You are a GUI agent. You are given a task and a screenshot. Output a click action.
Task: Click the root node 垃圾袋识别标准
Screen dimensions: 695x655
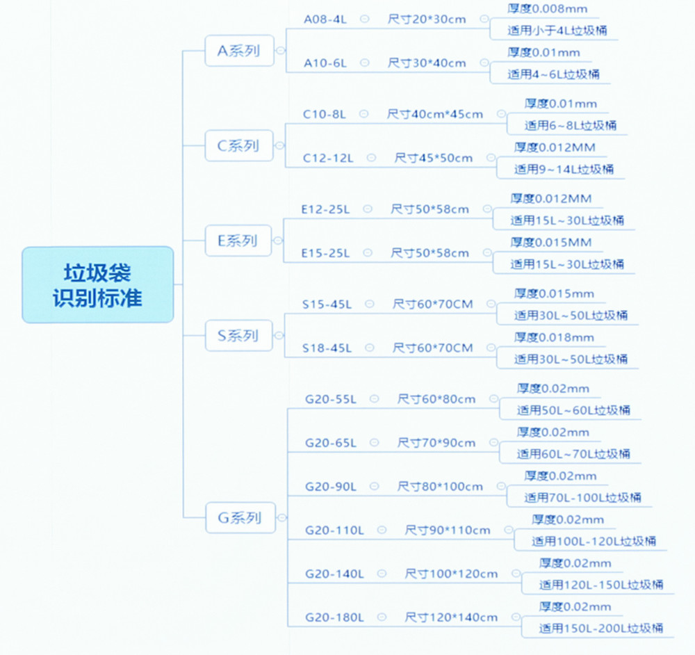[97, 284]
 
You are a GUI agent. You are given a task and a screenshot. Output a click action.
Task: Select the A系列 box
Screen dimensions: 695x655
[239, 51]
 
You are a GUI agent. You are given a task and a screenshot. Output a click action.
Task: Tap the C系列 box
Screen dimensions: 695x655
[239, 145]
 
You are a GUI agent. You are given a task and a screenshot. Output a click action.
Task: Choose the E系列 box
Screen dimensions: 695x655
[238, 241]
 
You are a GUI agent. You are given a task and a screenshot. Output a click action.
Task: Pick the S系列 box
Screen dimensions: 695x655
[238, 336]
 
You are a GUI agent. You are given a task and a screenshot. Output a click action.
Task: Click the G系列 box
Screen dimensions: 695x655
[240, 517]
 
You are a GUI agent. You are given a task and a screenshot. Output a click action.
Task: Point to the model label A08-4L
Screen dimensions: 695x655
[325, 19]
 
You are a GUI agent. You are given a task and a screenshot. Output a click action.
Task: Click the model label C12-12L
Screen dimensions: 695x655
[328, 158]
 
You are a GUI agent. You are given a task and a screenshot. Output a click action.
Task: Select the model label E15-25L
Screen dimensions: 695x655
[325, 253]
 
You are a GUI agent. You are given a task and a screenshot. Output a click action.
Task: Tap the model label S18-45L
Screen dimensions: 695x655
[327, 348]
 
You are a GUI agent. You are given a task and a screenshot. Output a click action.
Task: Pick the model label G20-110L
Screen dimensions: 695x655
[334, 530]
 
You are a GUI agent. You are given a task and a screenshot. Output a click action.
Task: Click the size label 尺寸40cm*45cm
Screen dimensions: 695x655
[435, 114]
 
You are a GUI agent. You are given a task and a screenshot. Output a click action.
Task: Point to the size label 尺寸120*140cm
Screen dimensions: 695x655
[451, 617]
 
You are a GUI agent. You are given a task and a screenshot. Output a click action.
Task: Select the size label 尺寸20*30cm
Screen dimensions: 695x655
[427, 19]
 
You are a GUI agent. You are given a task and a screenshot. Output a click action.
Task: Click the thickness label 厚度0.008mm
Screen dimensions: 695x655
[548, 9]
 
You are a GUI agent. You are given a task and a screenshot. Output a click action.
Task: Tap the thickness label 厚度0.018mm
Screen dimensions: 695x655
[554, 337]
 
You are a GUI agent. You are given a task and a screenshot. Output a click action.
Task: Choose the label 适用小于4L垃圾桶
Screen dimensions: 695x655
[557, 30]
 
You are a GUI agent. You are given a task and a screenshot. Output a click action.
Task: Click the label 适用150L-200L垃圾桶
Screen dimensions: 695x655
[601, 628]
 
